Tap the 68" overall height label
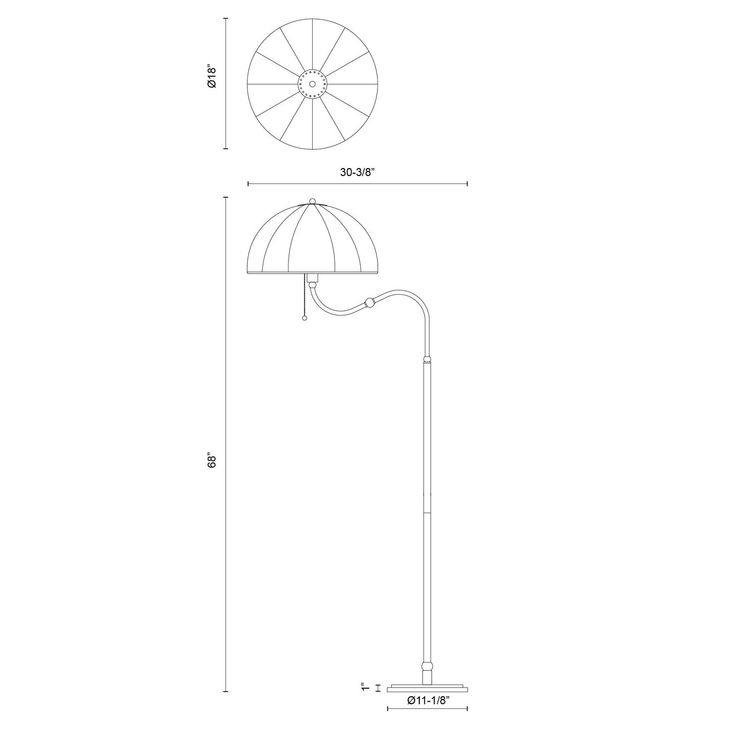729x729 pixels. coord(212,461)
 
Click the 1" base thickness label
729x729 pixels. coord(364,688)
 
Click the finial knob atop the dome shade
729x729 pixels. coord(312,201)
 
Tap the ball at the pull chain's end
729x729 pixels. coord(304,318)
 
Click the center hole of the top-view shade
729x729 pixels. coord(312,84)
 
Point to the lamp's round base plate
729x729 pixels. coord(427,688)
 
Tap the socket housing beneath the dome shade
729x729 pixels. coord(313,278)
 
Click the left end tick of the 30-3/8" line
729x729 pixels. coord(248,184)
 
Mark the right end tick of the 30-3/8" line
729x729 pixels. coord(467,184)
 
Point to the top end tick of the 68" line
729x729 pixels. coord(226,197)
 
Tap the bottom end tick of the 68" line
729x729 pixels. coord(226,691)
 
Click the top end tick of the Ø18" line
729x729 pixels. coord(226,19)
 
